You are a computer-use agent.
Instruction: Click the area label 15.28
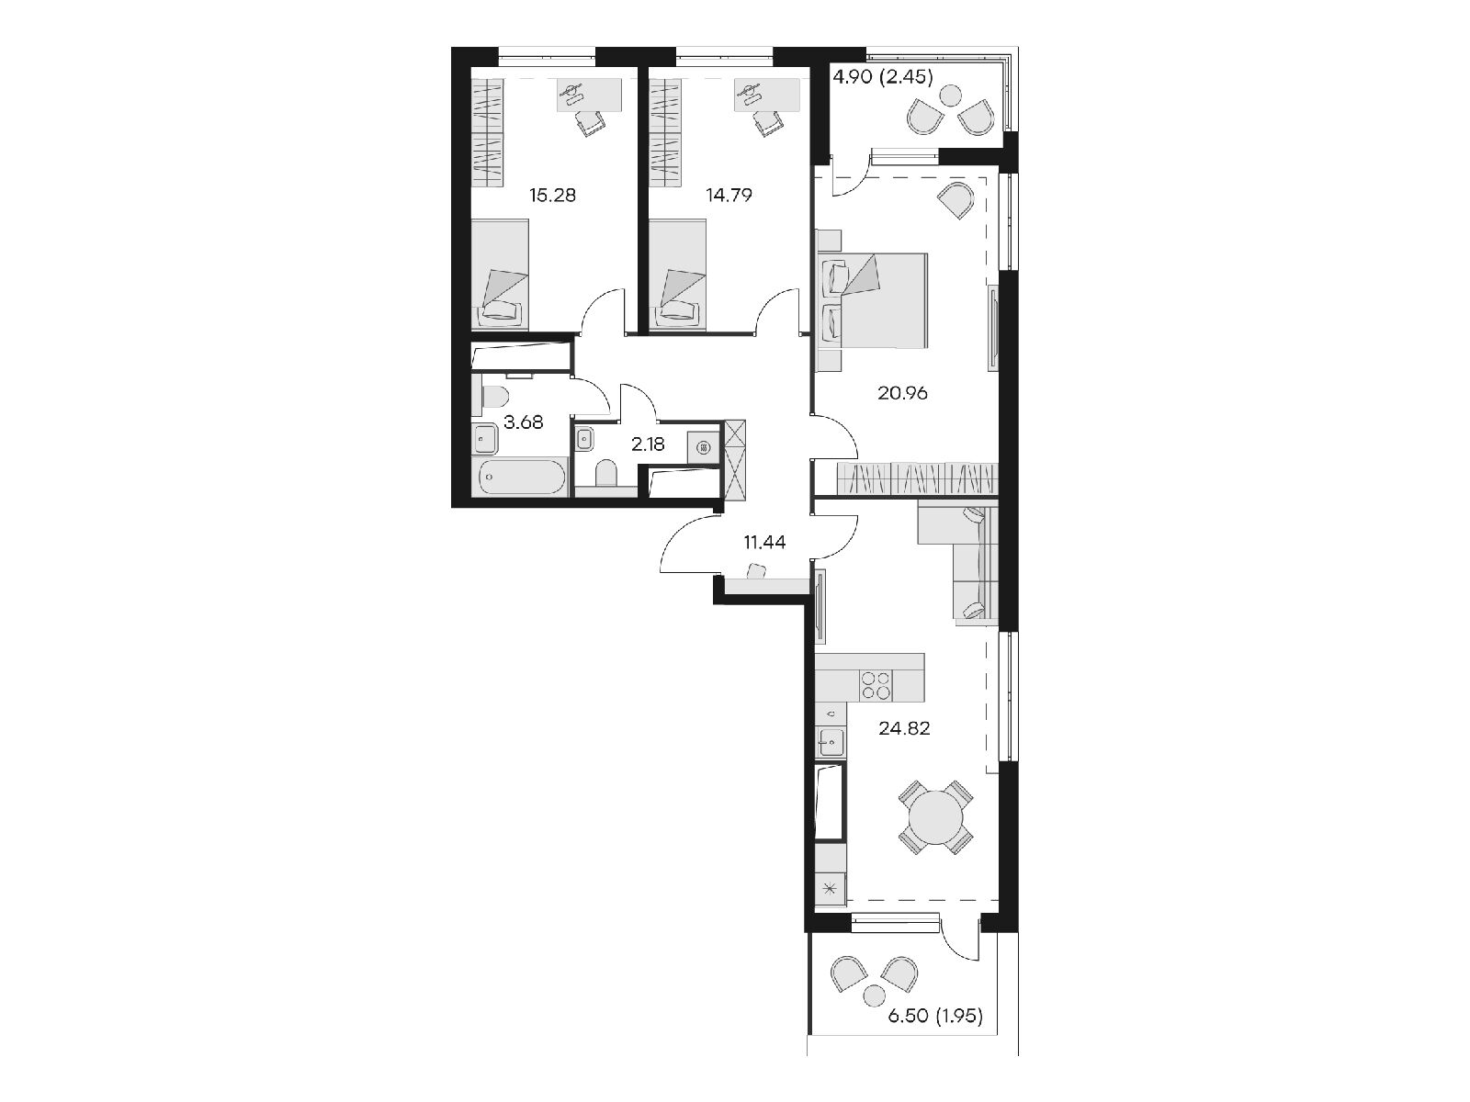coord(552,196)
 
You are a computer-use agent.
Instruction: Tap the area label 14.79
coord(729,196)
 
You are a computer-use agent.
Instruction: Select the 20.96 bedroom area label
coord(902,393)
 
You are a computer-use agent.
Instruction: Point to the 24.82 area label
coord(904,728)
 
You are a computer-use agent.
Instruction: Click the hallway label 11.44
coord(764,542)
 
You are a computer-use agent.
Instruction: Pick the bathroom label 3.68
coord(523,422)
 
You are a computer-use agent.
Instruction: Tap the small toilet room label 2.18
coord(648,444)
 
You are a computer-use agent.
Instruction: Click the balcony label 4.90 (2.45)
coord(883,78)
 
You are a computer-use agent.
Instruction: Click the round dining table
coord(935,817)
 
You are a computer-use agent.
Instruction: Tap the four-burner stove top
coord(876,684)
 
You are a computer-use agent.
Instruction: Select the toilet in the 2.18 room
coord(605,473)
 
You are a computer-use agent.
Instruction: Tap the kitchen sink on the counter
coord(831,741)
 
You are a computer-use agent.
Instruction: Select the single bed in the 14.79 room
coord(677,275)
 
